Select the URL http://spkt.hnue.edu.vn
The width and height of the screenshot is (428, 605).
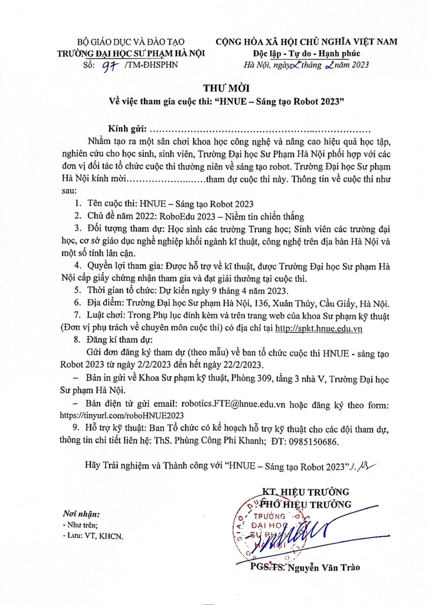pos(319,329)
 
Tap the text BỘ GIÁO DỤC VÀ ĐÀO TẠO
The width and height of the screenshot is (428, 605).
pos(131,42)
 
